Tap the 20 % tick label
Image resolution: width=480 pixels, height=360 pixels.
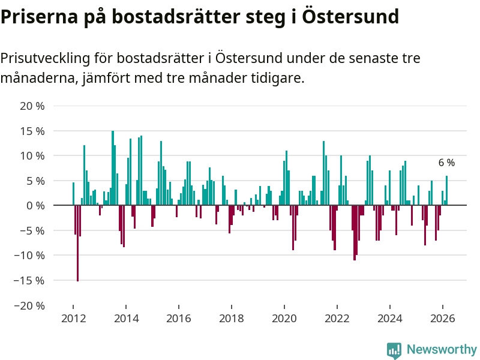click(32, 106)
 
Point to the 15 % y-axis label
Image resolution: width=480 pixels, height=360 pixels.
click(32, 131)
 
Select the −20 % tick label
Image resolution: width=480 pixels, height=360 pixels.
click(29, 305)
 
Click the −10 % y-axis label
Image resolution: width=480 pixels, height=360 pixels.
click(29, 255)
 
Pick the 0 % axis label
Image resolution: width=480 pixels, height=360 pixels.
click(35, 205)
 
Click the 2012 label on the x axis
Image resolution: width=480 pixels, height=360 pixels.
click(73, 319)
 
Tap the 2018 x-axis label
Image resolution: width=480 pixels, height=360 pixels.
click(231, 319)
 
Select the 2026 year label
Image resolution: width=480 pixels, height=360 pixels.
click(442, 319)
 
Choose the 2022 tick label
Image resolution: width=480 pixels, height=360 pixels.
click(337, 319)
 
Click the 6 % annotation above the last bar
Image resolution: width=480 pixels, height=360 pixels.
click(446, 163)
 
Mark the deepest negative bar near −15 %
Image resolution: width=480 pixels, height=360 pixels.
click(77, 243)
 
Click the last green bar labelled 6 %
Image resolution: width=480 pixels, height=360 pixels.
click(446, 190)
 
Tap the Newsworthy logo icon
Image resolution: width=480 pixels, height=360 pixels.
click(394, 350)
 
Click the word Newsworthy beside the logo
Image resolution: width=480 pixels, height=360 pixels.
click(442, 349)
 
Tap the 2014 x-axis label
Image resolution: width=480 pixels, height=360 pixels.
click(125, 319)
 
